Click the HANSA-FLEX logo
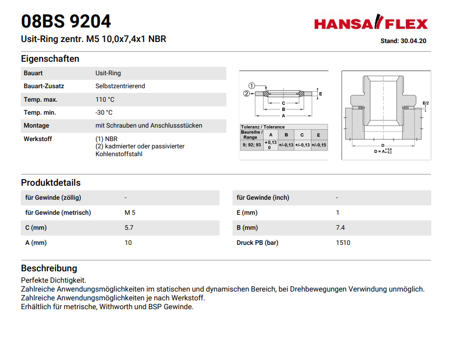click(x=371, y=24)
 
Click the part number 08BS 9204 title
click(x=66, y=21)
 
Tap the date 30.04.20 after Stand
click(x=413, y=41)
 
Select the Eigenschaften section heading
click(x=50, y=59)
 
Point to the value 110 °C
click(x=105, y=100)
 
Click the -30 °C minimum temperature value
click(x=104, y=113)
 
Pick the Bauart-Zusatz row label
click(x=44, y=86)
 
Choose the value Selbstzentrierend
click(x=120, y=86)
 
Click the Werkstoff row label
click(x=38, y=139)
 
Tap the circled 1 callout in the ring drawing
click(x=252, y=86)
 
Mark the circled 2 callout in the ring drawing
click(x=247, y=94)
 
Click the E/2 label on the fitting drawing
click(x=426, y=103)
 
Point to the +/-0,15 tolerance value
click(x=319, y=145)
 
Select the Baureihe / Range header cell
click(x=252, y=135)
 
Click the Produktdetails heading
click(x=51, y=183)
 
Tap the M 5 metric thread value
click(x=130, y=213)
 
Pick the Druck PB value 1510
click(x=343, y=243)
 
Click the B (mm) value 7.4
click(x=340, y=228)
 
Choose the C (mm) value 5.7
click(x=129, y=228)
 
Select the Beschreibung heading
click(x=49, y=268)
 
